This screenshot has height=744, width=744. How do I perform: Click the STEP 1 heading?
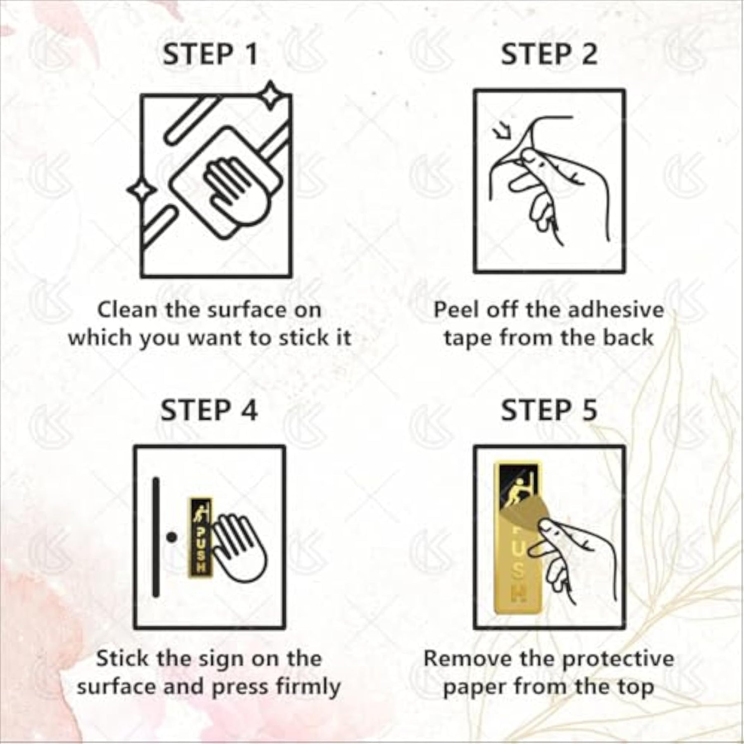(x=210, y=54)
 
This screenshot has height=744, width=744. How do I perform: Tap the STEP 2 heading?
(x=549, y=54)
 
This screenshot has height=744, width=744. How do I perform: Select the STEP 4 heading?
(x=209, y=410)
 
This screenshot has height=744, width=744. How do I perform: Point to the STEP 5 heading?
(x=549, y=410)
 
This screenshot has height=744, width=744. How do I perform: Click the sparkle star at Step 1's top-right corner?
(x=270, y=96)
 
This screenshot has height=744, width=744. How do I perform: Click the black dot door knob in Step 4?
(x=172, y=537)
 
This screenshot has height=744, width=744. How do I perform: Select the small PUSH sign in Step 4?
(x=200, y=536)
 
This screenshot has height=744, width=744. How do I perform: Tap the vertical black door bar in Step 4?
(x=156, y=537)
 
